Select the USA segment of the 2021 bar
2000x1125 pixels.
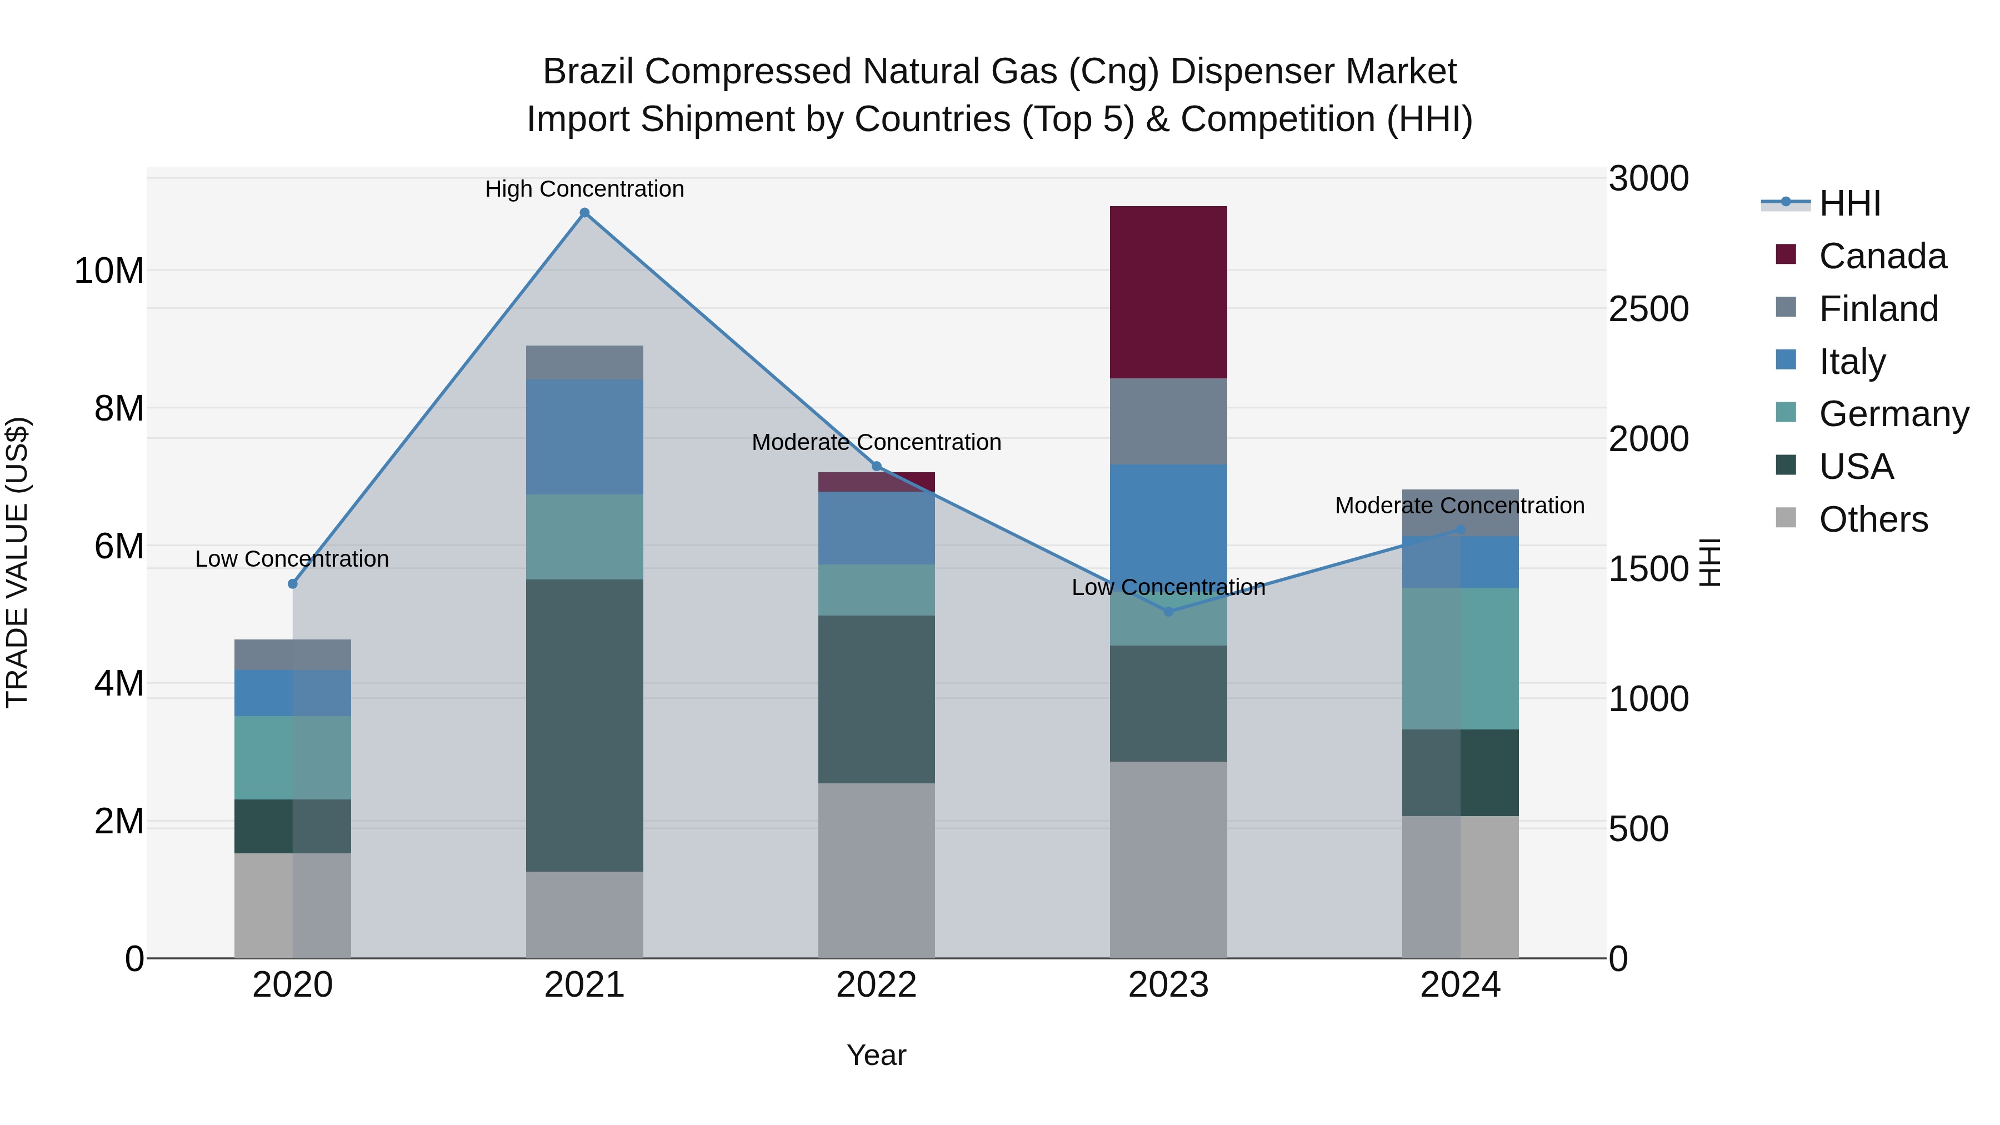click(x=584, y=725)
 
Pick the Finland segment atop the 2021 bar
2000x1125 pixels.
click(x=584, y=363)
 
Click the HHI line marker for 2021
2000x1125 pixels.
click(x=584, y=213)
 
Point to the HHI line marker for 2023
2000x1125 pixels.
click(x=1168, y=611)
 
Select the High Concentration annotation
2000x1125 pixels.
click(x=584, y=189)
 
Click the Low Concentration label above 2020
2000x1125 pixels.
click(x=291, y=558)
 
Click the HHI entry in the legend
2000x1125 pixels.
click(x=1848, y=203)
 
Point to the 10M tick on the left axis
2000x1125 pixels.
click(x=109, y=271)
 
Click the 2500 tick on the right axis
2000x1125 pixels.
click(x=1648, y=309)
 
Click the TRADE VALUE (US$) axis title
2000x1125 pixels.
click(x=17, y=562)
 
